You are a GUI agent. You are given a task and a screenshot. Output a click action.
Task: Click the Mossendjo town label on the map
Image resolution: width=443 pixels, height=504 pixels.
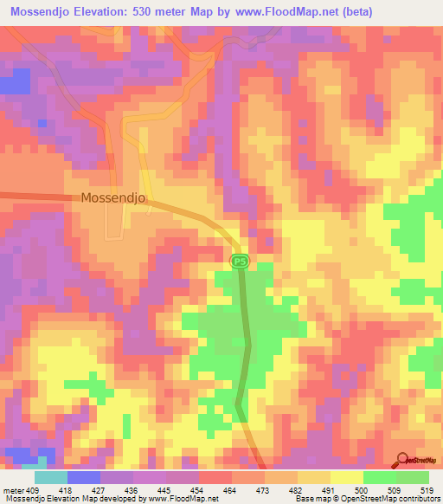pyautogui.click(x=113, y=197)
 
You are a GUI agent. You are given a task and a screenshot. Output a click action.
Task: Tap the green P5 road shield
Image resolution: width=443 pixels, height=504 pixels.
pyautogui.click(x=240, y=261)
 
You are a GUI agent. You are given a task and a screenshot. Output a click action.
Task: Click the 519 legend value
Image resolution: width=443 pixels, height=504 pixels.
pyautogui.click(x=427, y=489)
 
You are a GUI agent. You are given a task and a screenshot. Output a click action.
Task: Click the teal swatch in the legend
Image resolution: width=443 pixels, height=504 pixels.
pyautogui.click(x=50, y=477)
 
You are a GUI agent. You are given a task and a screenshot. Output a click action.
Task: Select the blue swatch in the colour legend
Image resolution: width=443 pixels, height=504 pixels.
pyautogui.click(x=83, y=477)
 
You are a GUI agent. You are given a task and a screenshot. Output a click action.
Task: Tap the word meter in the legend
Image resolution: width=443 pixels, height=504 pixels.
pyautogui.click(x=13, y=489)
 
